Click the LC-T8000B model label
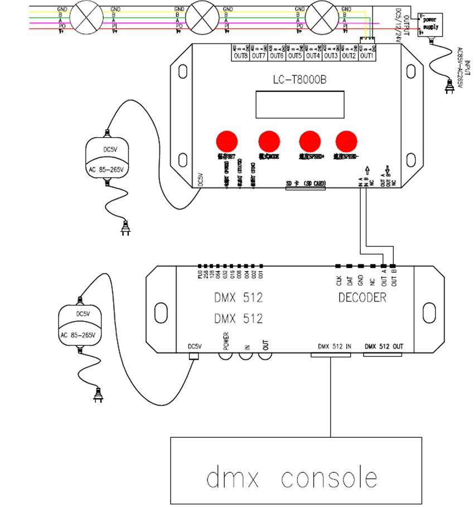tap(299, 80)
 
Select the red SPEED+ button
tap(310, 140)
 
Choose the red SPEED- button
tap(346, 140)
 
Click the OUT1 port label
tap(366, 56)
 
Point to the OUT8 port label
tap(240, 56)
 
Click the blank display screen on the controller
tap(299, 104)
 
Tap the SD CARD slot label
tap(306, 184)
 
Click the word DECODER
tap(362, 298)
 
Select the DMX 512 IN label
tap(335, 346)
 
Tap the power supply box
tap(431, 26)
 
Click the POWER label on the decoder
tap(226, 340)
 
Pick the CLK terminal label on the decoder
tap(338, 280)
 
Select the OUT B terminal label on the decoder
tap(394, 278)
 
